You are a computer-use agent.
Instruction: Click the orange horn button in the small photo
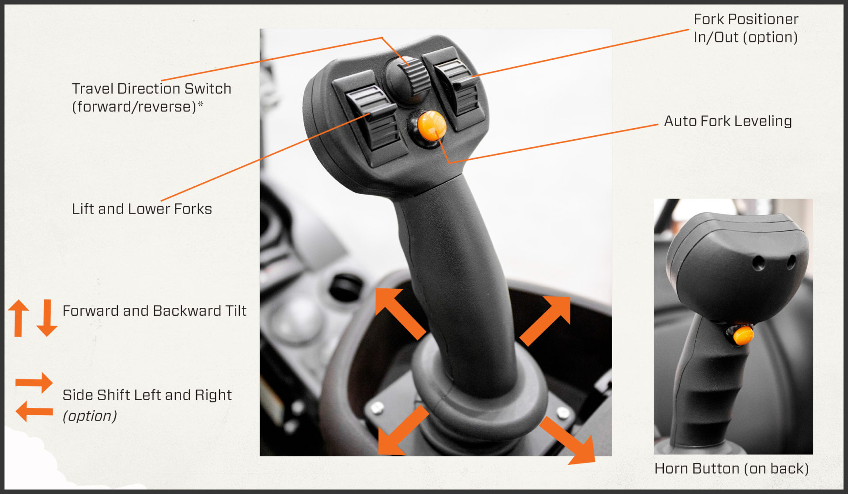pos(743,335)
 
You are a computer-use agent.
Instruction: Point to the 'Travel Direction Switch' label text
pos(151,88)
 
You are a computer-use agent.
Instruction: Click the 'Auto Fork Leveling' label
pos(727,121)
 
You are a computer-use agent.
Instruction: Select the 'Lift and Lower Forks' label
pos(142,209)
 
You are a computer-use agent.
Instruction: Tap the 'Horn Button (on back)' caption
pos(731,468)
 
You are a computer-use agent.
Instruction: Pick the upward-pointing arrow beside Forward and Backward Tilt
pos(19,317)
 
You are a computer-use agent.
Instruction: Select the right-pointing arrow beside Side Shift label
pos(35,382)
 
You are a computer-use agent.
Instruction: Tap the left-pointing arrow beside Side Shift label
pos(34,411)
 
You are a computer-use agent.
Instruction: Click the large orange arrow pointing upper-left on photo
pos(398,311)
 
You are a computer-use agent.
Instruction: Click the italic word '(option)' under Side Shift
pos(90,416)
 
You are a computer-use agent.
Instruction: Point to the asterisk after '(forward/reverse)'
pos(201,105)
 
